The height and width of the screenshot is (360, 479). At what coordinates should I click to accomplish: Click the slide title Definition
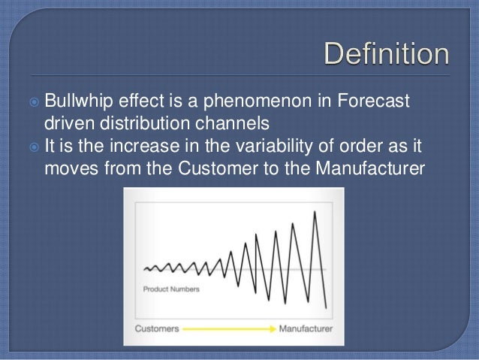click(387, 57)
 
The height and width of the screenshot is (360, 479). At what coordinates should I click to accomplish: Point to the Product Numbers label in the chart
click(171, 289)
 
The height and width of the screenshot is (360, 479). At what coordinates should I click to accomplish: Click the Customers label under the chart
click(157, 328)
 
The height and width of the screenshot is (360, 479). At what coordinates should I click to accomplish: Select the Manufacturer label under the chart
click(303, 328)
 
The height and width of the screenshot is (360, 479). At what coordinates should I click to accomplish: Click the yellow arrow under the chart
click(229, 328)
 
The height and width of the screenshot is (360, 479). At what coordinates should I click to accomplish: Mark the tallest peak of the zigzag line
click(314, 212)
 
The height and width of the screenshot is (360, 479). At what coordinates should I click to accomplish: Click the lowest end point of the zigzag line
click(326, 307)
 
